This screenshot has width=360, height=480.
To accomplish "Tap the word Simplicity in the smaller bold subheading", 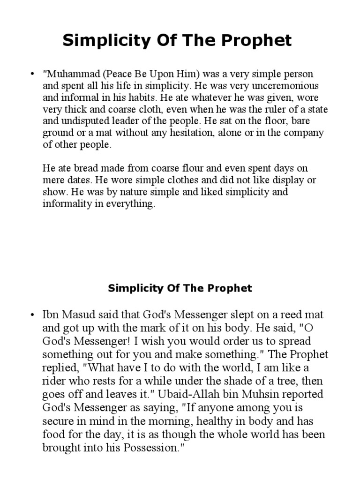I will point(133,288).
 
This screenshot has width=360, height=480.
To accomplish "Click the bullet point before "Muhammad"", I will point(32,75).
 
